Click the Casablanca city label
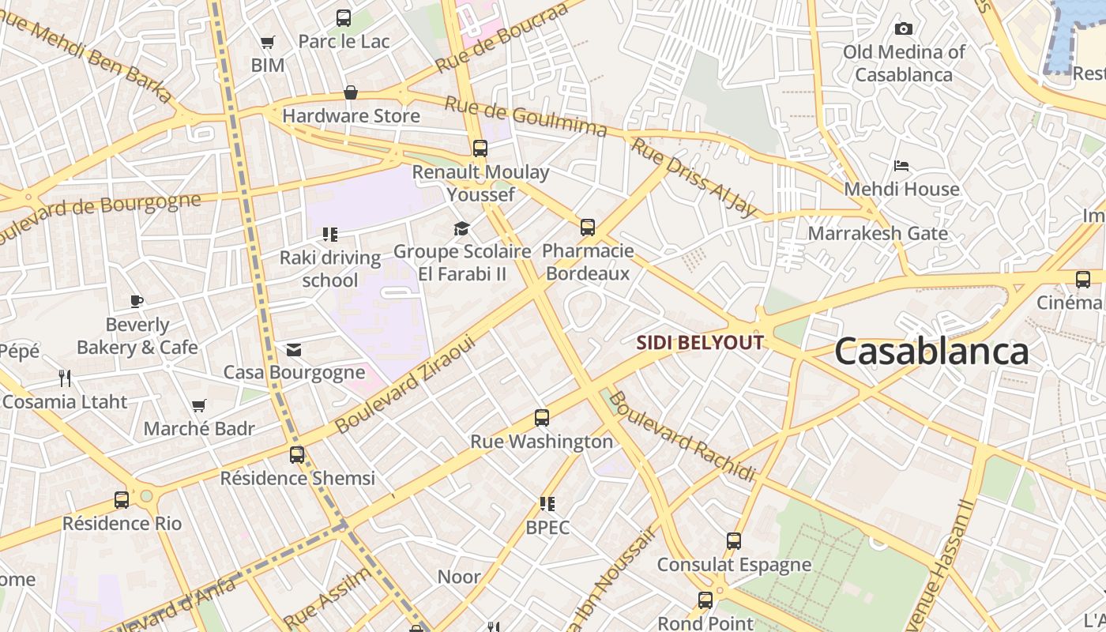[x=931, y=352]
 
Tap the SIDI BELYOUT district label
[x=701, y=343]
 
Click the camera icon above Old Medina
[x=904, y=29]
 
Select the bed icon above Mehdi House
[x=901, y=166]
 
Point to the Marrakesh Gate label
[x=877, y=234]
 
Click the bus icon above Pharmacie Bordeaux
[x=588, y=228]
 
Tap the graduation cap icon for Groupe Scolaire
[x=461, y=229]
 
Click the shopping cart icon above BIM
[x=268, y=42]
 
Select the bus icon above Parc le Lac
[x=344, y=17]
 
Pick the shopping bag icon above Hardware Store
[x=351, y=92]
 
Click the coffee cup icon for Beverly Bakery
[x=137, y=301]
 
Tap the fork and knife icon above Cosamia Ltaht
[x=65, y=378]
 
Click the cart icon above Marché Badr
[x=199, y=406]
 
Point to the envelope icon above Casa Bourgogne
[x=294, y=349]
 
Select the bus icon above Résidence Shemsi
[x=297, y=455]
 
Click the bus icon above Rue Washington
[x=542, y=418]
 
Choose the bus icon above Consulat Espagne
[x=734, y=541]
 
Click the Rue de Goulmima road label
[x=525, y=116]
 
